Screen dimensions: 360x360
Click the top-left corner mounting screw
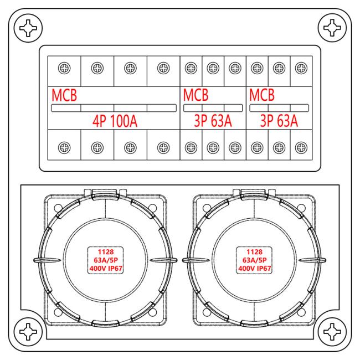[x=28, y=28]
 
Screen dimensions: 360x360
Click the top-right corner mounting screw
[x=332, y=28]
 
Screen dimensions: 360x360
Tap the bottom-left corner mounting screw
[x=28, y=332]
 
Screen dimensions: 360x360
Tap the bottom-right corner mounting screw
[x=332, y=332]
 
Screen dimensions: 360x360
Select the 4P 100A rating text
[x=115, y=121]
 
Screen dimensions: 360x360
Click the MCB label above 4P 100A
[x=64, y=95]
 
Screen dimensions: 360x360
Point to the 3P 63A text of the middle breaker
[x=213, y=121]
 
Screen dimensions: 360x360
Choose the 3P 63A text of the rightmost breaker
[x=279, y=121]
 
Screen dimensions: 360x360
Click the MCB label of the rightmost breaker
[x=262, y=95]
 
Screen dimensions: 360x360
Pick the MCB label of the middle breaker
[x=196, y=95]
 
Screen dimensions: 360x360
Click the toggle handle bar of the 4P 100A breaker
[x=114, y=108]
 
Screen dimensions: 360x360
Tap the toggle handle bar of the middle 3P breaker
[x=213, y=108]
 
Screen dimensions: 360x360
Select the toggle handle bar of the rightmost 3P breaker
[x=279, y=108]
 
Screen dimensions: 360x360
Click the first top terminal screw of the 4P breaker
[x=64, y=68]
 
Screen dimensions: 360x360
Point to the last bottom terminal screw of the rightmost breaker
[x=301, y=147]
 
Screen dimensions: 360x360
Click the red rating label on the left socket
[x=106, y=260]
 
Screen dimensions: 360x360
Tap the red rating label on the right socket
[x=254, y=260]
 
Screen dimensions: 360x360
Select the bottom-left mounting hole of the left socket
[x=58, y=312]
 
